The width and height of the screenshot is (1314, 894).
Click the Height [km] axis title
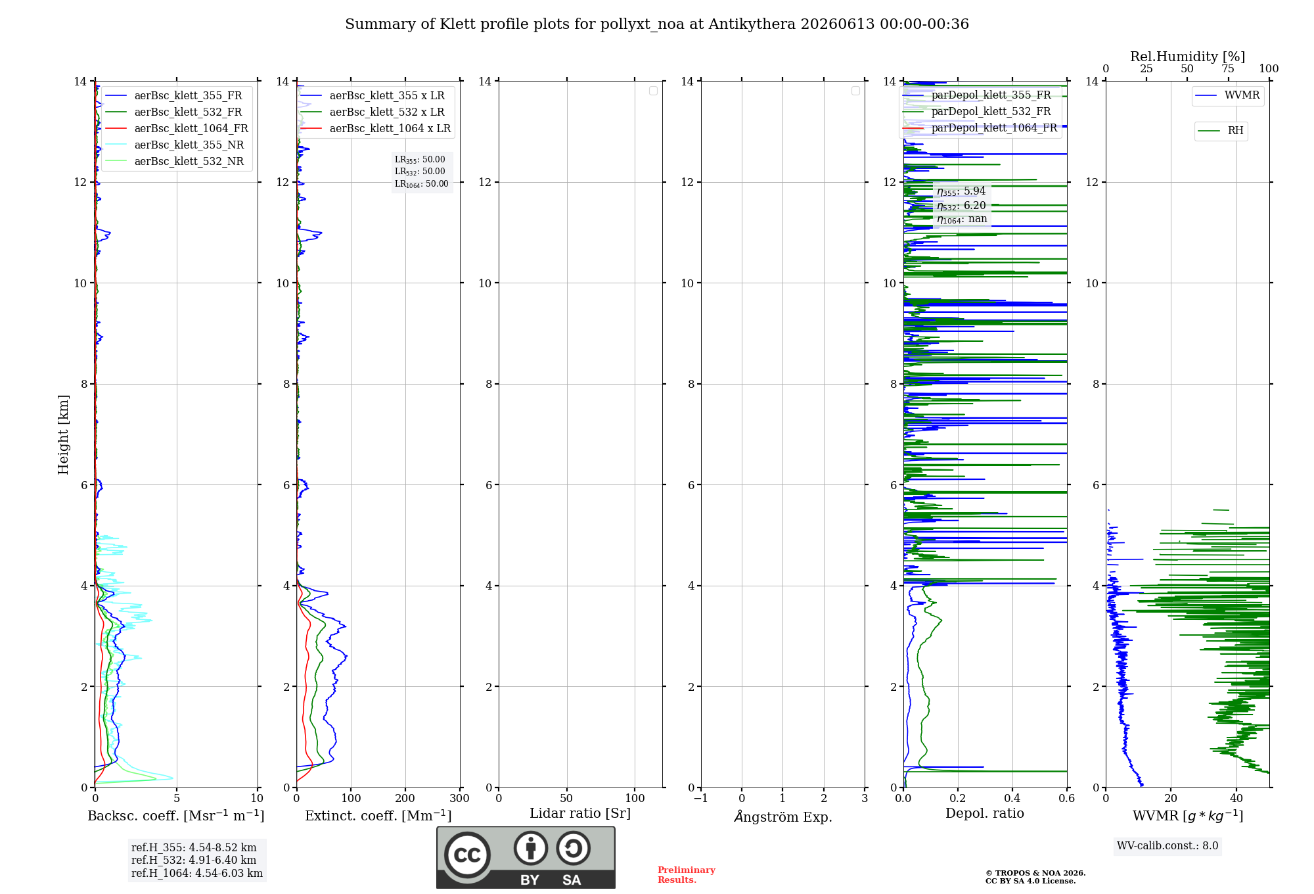pyautogui.click(x=63, y=435)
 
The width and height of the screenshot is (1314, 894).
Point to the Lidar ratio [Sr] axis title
pyautogui.click(x=580, y=813)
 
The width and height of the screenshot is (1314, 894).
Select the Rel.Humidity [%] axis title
pyautogui.click(x=1187, y=57)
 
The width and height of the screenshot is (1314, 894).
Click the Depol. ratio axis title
pyautogui.click(x=985, y=813)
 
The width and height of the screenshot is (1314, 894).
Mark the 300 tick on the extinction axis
pyautogui.click(x=459, y=798)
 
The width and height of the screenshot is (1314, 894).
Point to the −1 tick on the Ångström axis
pyautogui.click(x=701, y=798)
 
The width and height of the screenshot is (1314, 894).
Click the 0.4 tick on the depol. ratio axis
pyautogui.click(x=1012, y=798)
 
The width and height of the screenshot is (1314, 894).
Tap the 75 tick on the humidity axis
pyautogui.click(x=1227, y=68)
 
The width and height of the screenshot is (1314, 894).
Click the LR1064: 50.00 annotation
pyautogui.click(x=421, y=184)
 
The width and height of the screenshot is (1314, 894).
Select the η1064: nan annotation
pyautogui.click(x=962, y=219)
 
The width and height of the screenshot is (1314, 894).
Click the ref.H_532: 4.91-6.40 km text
pyautogui.click(x=194, y=860)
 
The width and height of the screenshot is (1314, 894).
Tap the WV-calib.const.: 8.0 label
pyautogui.click(x=1167, y=845)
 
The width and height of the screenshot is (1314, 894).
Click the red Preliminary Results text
pyautogui.click(x=687, y=875)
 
